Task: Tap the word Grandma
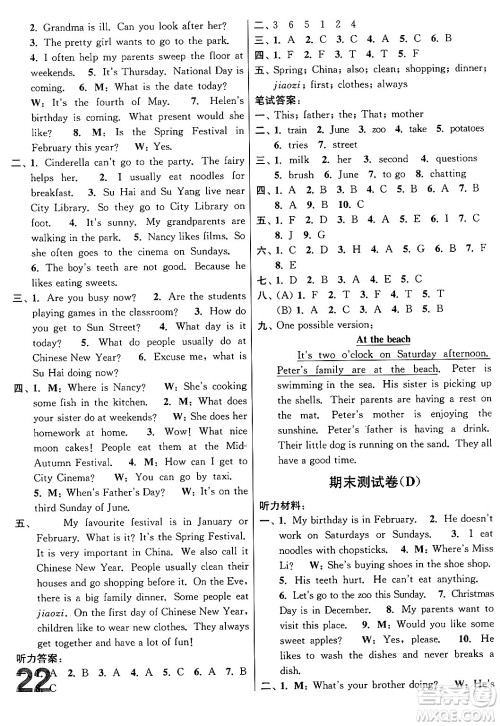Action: tap(49, 8)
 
